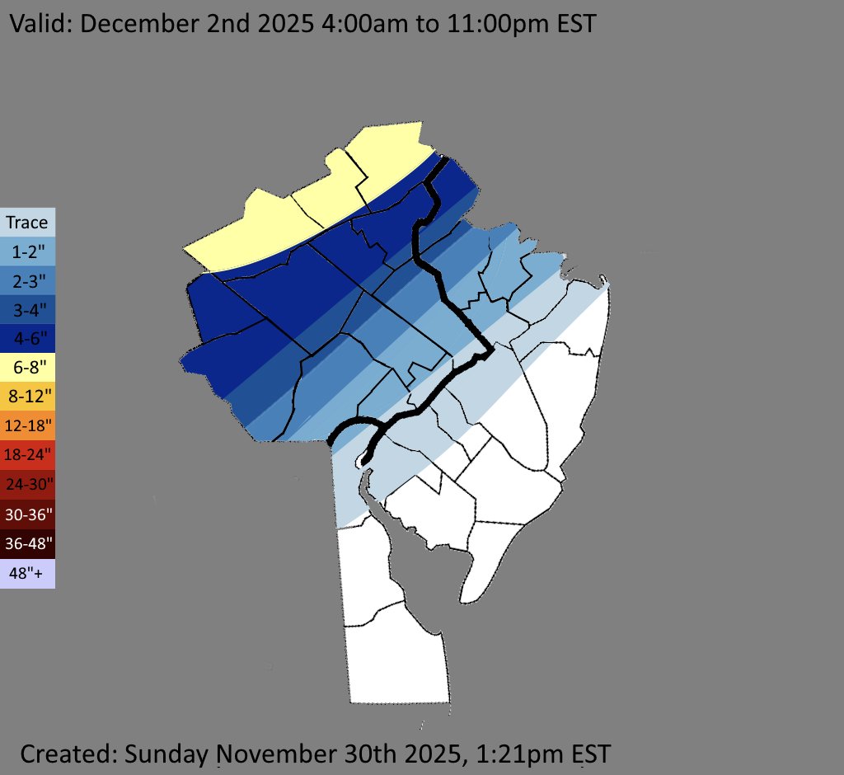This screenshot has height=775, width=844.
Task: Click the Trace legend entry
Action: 27,223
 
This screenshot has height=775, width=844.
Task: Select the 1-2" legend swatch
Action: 27,251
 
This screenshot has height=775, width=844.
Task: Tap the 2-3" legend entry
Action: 27,280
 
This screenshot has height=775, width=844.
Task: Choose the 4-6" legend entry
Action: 27,337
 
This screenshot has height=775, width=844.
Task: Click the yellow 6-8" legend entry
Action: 27,366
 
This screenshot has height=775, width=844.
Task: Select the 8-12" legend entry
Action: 27,396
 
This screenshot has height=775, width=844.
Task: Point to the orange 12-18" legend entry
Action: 27,425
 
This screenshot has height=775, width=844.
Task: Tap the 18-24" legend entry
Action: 27,453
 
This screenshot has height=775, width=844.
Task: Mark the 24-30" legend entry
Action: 27,483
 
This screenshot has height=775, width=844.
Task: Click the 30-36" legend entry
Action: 27,513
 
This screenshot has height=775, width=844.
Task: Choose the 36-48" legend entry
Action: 27,542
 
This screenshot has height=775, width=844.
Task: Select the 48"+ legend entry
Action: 27,572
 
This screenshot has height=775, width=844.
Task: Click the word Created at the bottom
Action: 67,753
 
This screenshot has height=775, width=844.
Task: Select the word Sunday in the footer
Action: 168,753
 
